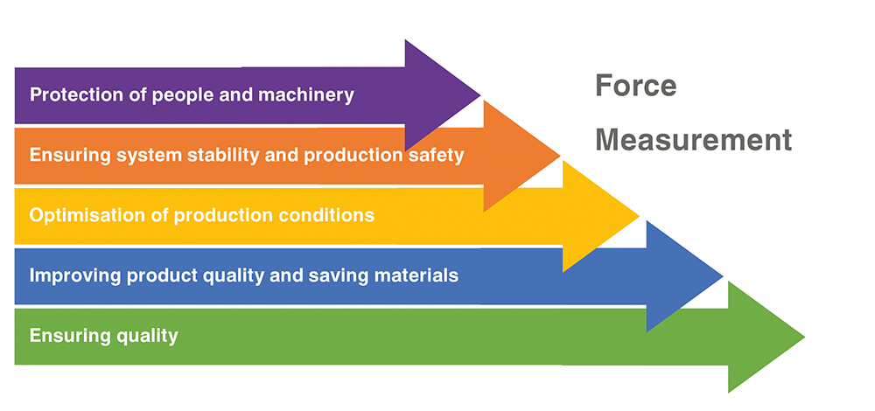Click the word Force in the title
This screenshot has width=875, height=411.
(x=635, y=86)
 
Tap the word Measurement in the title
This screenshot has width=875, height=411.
(x=694, y=139)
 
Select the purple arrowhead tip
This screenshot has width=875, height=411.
(x=479, y=95)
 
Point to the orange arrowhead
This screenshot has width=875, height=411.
(x=521, y=157)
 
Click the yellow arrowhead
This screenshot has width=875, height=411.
(x=601, y=216)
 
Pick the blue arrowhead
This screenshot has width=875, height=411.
(x=685, y=276)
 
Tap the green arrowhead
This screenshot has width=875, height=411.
(x=766, y=337)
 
